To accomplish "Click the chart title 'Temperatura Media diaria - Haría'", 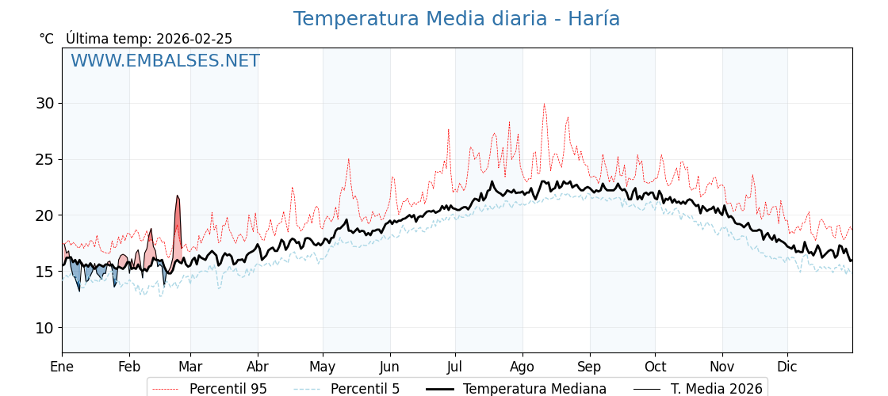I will pos(456,19).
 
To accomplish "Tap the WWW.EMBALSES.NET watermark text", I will pos(165,61).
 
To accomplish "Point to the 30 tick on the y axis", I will pos(44,103).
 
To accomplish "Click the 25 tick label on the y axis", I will pos(44,159).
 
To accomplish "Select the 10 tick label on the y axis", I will pos(44,328).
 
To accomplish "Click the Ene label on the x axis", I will pos(62,367).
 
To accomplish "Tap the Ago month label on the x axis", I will pos(522,367).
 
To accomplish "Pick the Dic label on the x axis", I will pos(787,367).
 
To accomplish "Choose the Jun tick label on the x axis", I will pos(389,367).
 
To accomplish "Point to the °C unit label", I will pos(47,39).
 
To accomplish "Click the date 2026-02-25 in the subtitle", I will pos(194,39).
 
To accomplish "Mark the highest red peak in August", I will pos(544,104).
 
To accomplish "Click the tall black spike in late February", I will pos(178,196).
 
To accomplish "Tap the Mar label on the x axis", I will pos(190,367).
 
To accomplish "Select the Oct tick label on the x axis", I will pos(655,367).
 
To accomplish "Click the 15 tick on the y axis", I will pos(44,272).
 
